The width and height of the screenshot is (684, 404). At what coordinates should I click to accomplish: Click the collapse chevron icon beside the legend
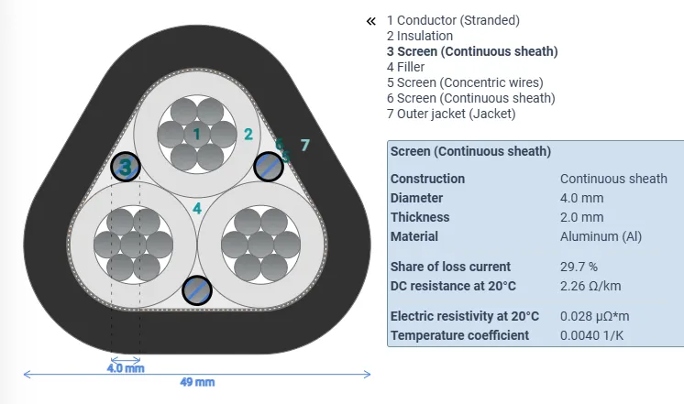370,20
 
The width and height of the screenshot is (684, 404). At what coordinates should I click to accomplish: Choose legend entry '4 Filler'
406,67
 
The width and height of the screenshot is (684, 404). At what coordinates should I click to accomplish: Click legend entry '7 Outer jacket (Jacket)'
451,114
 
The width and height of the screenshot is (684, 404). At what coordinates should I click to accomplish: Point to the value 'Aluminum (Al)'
601,236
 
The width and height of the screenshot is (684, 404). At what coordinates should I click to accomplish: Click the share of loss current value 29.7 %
579,267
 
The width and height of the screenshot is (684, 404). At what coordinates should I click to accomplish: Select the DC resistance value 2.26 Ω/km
592,286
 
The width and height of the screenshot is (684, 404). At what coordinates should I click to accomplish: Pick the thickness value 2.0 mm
581,217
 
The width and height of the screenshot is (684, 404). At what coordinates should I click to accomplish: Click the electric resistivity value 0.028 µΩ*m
595,316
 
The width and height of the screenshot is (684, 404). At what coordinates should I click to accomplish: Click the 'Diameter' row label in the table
416,198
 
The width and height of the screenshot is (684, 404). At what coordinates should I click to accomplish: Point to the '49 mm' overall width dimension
197,382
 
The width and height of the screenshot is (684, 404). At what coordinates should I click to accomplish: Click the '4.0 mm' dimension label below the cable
125,368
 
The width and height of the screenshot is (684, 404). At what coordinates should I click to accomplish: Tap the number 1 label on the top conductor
196,134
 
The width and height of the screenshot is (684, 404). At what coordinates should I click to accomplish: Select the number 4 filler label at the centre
197,209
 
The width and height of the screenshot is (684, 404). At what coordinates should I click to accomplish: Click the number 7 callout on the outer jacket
305,145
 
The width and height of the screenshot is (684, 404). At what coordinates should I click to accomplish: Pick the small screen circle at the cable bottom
196,290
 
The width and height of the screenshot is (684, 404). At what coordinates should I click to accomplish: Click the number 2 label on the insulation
248,134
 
